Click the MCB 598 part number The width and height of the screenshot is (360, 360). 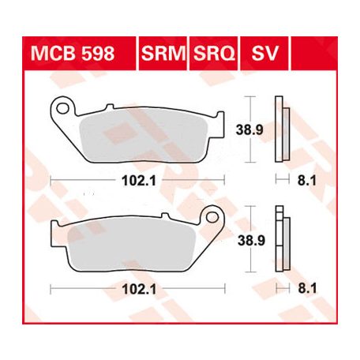click(73, 54)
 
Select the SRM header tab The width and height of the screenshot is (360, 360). click(163, 54)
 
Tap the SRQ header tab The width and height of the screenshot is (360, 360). click(213, 54)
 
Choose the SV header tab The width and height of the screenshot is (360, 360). click(264, 54)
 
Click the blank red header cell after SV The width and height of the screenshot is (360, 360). click(314, 54)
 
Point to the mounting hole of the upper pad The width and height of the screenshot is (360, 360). click(62, 108)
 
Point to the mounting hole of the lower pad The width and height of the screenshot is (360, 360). click(212, 217)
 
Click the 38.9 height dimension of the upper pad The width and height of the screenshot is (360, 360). click(249, 129)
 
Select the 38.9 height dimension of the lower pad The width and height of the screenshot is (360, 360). click(251, 240)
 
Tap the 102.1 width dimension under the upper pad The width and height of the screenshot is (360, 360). click(139, 181)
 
